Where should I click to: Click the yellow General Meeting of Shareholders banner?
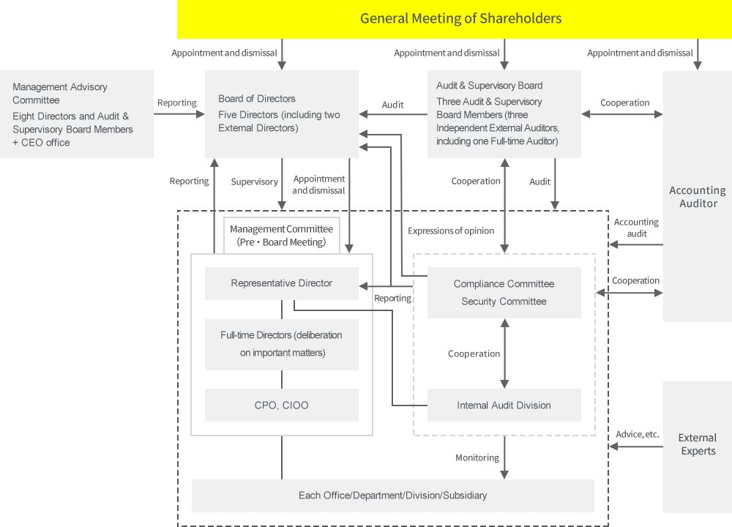[x=460, y=18]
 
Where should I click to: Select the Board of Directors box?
[x=281, y=113]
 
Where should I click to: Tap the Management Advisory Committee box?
[x=77, y=114]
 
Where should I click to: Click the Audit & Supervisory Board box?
[x=504, y=113]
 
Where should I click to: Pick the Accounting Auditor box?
[x=698, y=196]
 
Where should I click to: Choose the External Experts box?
[x=698, y=444]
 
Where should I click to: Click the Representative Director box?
[x=281, y=283]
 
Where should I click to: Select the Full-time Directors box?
[x=281, y=344]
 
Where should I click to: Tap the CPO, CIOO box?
[x=281, y=405]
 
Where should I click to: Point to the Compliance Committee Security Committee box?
[x=504, y=292]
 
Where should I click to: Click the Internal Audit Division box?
[x=504, y=405]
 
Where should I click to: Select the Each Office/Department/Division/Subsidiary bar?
[x=392, y=496]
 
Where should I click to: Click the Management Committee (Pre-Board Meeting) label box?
[x=281, y=235]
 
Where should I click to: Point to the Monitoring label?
[x=477, y=457]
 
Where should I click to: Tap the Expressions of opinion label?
[x=450, y=231]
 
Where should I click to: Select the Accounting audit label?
[x=636, y=228]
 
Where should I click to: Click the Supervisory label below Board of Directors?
[x=254, y=182]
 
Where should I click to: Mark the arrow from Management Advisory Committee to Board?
[x=179, y=114]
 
